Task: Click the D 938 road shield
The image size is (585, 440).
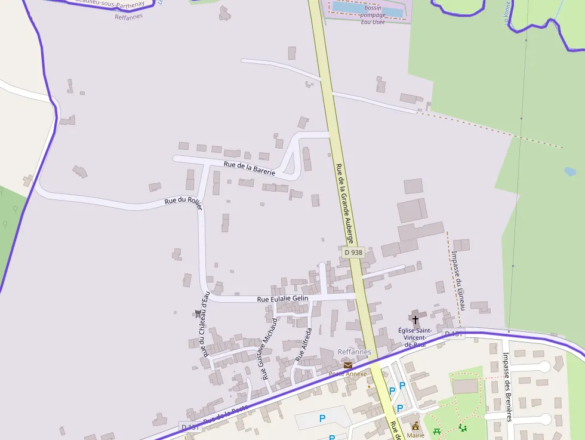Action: click(x=353, y=253)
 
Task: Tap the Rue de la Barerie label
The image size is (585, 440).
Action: click(x=250, y=168)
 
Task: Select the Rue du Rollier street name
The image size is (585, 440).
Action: click(x=184, y=202)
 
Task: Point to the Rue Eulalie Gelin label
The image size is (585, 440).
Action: click(x=282, y=299)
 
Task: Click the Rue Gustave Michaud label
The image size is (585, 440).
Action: click(x=269, y=349)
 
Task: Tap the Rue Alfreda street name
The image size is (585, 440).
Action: click(x=304, y=344)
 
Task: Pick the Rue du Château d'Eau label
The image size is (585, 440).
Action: click(x=206, y=324)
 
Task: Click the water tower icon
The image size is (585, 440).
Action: click(x=198, y=313)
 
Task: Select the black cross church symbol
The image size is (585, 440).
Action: click(x=415, y=320)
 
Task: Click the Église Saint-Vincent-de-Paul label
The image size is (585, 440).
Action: click(x=415, y=337)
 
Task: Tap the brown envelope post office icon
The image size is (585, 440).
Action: click(x=347, y=365)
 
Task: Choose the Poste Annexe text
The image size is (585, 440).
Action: click(x=347, y=374)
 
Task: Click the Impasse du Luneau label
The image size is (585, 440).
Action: click(x=458, y=280)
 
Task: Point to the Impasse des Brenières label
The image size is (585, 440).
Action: click(x=507, y=387)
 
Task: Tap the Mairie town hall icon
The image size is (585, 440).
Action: click(x=415, y=426)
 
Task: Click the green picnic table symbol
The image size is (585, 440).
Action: click(x=437, y=430)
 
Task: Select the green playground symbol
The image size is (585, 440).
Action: click(x=461, y=427)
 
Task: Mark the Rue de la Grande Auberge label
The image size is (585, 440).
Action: click(x=345, y=203)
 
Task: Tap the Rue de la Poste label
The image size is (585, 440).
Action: click(x=225, y=416)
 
